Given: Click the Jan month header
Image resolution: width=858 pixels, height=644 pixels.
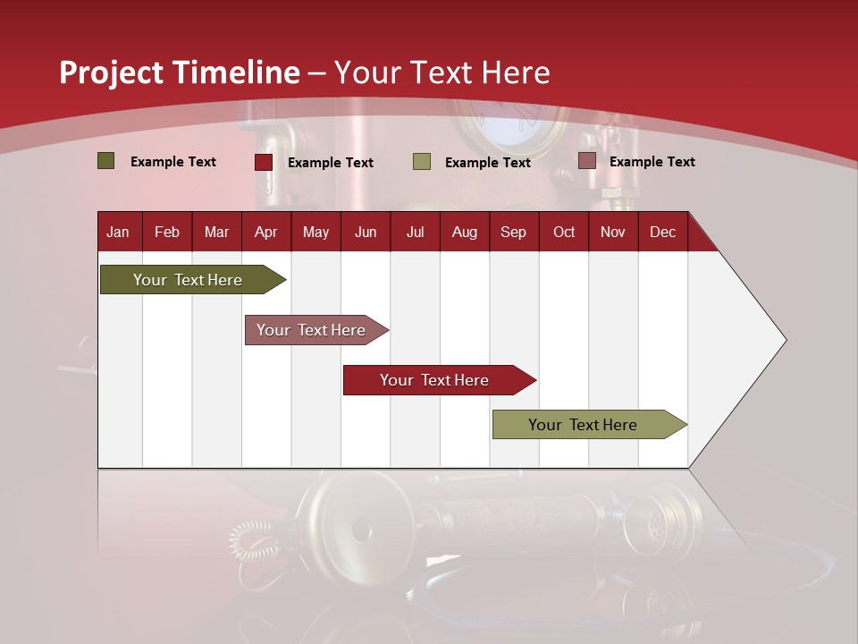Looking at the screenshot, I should coord(118,232).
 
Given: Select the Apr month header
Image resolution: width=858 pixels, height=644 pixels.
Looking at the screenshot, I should coord(265,232).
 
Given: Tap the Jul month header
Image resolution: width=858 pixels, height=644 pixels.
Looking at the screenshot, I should coord(415,232).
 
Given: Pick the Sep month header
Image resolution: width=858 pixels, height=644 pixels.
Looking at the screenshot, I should coord(513,232).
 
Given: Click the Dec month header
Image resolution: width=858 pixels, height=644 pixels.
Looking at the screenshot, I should coord(662,232).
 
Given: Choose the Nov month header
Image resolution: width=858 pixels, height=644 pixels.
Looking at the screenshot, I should coord(612,232).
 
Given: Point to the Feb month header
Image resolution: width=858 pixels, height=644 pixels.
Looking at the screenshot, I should coord(167,232).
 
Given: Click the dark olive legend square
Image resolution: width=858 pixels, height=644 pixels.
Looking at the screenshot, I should coord(105,161).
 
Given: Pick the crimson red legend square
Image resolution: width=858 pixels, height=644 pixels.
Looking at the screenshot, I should coord(264,162).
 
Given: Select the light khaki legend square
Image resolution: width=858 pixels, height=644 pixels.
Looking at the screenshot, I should coord(422,162).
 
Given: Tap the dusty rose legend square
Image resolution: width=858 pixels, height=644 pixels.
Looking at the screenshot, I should coord(586,161).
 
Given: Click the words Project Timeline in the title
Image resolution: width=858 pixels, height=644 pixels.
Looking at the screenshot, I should coord(180,72).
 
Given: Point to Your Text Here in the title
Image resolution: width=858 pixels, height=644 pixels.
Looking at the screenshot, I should coord(442,72).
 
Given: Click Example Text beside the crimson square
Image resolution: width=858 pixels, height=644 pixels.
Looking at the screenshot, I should coord(331,163).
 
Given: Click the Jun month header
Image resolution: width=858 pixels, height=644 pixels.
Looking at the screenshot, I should coord(366,232).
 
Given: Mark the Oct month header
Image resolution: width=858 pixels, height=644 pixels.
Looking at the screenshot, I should coord(564,232).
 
